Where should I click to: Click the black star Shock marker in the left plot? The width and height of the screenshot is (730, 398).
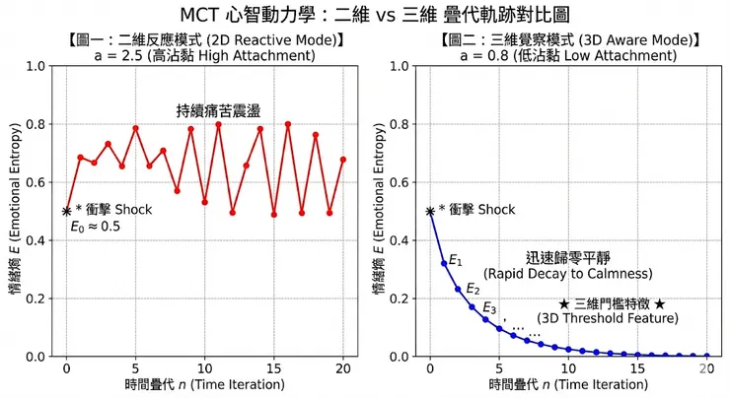[x=66, y=211]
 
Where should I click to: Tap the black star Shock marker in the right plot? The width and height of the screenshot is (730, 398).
[x=430, y=211]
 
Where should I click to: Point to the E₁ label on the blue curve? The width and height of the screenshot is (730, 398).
[x=455, y=260]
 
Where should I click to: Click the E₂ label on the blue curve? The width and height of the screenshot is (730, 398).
[x=473, y=289]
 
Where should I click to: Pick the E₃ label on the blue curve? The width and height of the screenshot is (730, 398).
[x=489, y=308]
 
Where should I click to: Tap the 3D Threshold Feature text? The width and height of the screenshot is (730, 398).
[x=607, y=318]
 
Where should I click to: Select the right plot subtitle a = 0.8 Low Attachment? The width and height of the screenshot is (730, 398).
[x=569, y=56]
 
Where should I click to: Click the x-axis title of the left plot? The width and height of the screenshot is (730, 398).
[x=204, y=384]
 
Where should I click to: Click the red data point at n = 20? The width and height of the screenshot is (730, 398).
[x=343, y=159]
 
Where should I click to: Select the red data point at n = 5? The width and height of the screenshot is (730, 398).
[x=135, y=128]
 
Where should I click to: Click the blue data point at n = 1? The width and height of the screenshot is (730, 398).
[x=444, y=263]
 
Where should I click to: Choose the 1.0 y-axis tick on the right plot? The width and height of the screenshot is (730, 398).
[x=403, y=66]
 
